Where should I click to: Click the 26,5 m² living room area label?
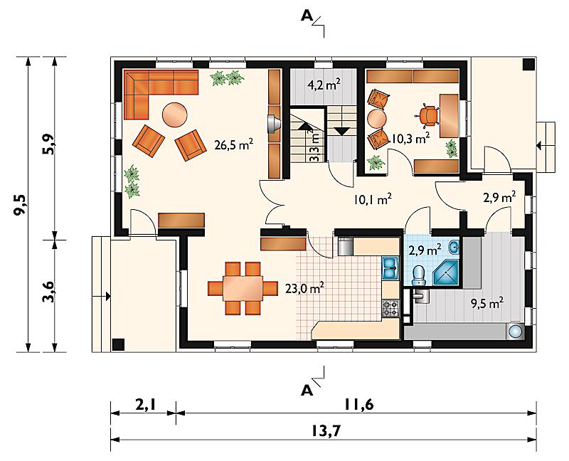point(234,145)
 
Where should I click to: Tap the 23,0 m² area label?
point(304,288)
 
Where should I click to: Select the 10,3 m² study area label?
point(411,138)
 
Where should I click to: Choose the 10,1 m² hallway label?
point(373,199)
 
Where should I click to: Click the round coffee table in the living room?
point(175,115)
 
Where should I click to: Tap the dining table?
point(243,288)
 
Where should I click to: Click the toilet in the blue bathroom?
point(420,275)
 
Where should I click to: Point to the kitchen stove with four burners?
point(390,309)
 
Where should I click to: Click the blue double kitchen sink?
point(390,269)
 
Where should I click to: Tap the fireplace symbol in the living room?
point(273,124)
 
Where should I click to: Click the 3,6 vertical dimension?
point(48,291)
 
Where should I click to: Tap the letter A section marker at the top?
point(307,16)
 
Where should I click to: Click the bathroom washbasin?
point(454,247)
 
